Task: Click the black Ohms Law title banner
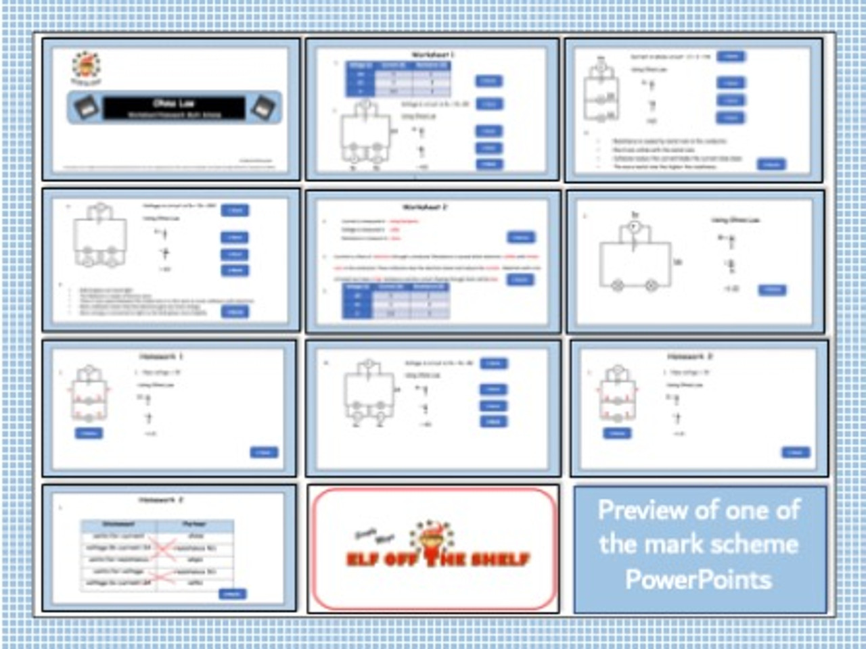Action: (174, 107)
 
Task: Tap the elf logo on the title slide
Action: (87, 67)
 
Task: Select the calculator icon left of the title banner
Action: (86, 107)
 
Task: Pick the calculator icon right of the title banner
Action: (263, 107)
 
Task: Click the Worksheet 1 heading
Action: (433, 54)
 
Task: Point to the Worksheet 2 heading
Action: (426, 207)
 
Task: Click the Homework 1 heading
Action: (161, 356)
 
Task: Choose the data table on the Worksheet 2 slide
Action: (396, 300)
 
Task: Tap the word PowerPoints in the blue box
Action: (698, 579)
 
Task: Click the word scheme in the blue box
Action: (757, 544)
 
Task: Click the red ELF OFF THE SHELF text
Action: (438, 560)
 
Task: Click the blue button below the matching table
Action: (232, 594)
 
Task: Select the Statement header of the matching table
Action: (118, 524)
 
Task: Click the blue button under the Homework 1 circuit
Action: (89, 433)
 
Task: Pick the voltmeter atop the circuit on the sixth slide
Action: (634, 228)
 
